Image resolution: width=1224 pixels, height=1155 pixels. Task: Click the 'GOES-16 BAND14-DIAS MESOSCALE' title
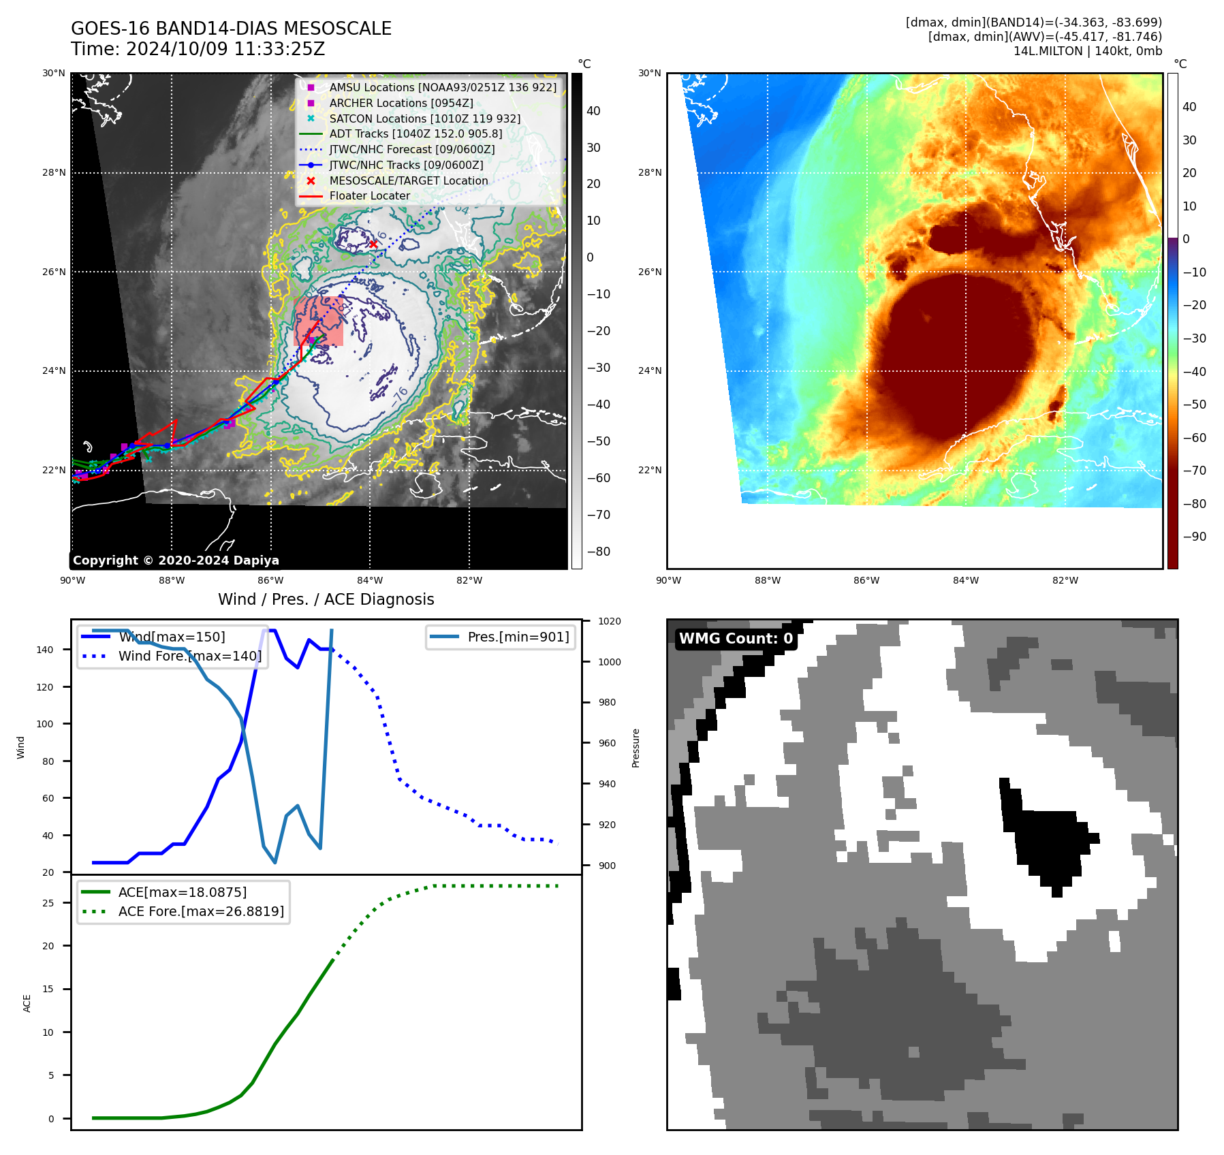[231, 29]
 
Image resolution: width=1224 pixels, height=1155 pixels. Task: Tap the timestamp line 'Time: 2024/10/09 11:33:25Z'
[198, 49]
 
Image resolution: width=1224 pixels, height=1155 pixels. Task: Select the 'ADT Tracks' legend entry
[415, 134]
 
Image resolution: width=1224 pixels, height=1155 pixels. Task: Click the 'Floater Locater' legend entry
[369, 196]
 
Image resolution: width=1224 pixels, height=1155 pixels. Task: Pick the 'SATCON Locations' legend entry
[424, 118]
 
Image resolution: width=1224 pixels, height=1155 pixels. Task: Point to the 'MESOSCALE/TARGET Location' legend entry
[408, 180]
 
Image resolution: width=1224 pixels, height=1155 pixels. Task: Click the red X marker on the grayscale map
[373, 244]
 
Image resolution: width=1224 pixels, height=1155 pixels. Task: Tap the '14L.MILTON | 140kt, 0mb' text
[1087, 51]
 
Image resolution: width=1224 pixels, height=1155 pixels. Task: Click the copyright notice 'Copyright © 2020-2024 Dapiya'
[176, 560]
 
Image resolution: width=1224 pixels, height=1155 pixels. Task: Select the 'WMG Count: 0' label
[736, 639]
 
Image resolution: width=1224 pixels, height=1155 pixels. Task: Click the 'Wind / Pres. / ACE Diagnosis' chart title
[326, 599]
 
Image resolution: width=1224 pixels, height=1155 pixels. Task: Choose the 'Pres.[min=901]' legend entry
[518, 637]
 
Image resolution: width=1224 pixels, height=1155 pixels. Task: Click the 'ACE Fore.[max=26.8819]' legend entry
[201, 911]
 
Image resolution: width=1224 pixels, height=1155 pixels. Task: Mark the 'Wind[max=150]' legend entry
[172, 637]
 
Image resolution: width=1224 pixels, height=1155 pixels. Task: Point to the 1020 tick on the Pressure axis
[609, 621]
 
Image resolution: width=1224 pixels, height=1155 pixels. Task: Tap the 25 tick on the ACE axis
[48, 903]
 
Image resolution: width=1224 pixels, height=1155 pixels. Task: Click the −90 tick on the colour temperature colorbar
[1194, 537]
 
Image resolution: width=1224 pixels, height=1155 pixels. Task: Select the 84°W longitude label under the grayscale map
[370, 580]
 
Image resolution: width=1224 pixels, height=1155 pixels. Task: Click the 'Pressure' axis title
[635, 748]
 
